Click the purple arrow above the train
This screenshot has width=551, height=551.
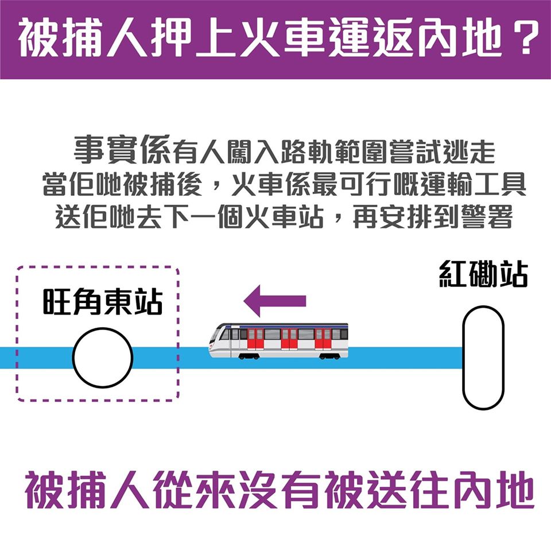(x=275, y=301)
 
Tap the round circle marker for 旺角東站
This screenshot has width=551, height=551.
(x=103, y=358)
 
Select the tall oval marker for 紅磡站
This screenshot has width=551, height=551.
(x=483, y=358)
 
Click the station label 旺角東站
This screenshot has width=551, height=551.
(x=103, y=301)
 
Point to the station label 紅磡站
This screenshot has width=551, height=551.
(x=483, y=274)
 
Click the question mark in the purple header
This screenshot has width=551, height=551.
(x=526, y=37)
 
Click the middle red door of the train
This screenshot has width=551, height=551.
(x=289, y=339)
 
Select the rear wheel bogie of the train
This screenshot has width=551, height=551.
(x=329, y=356)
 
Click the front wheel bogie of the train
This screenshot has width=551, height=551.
(x=249, y=356)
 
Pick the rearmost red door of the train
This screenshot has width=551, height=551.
(x=323, y=339)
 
